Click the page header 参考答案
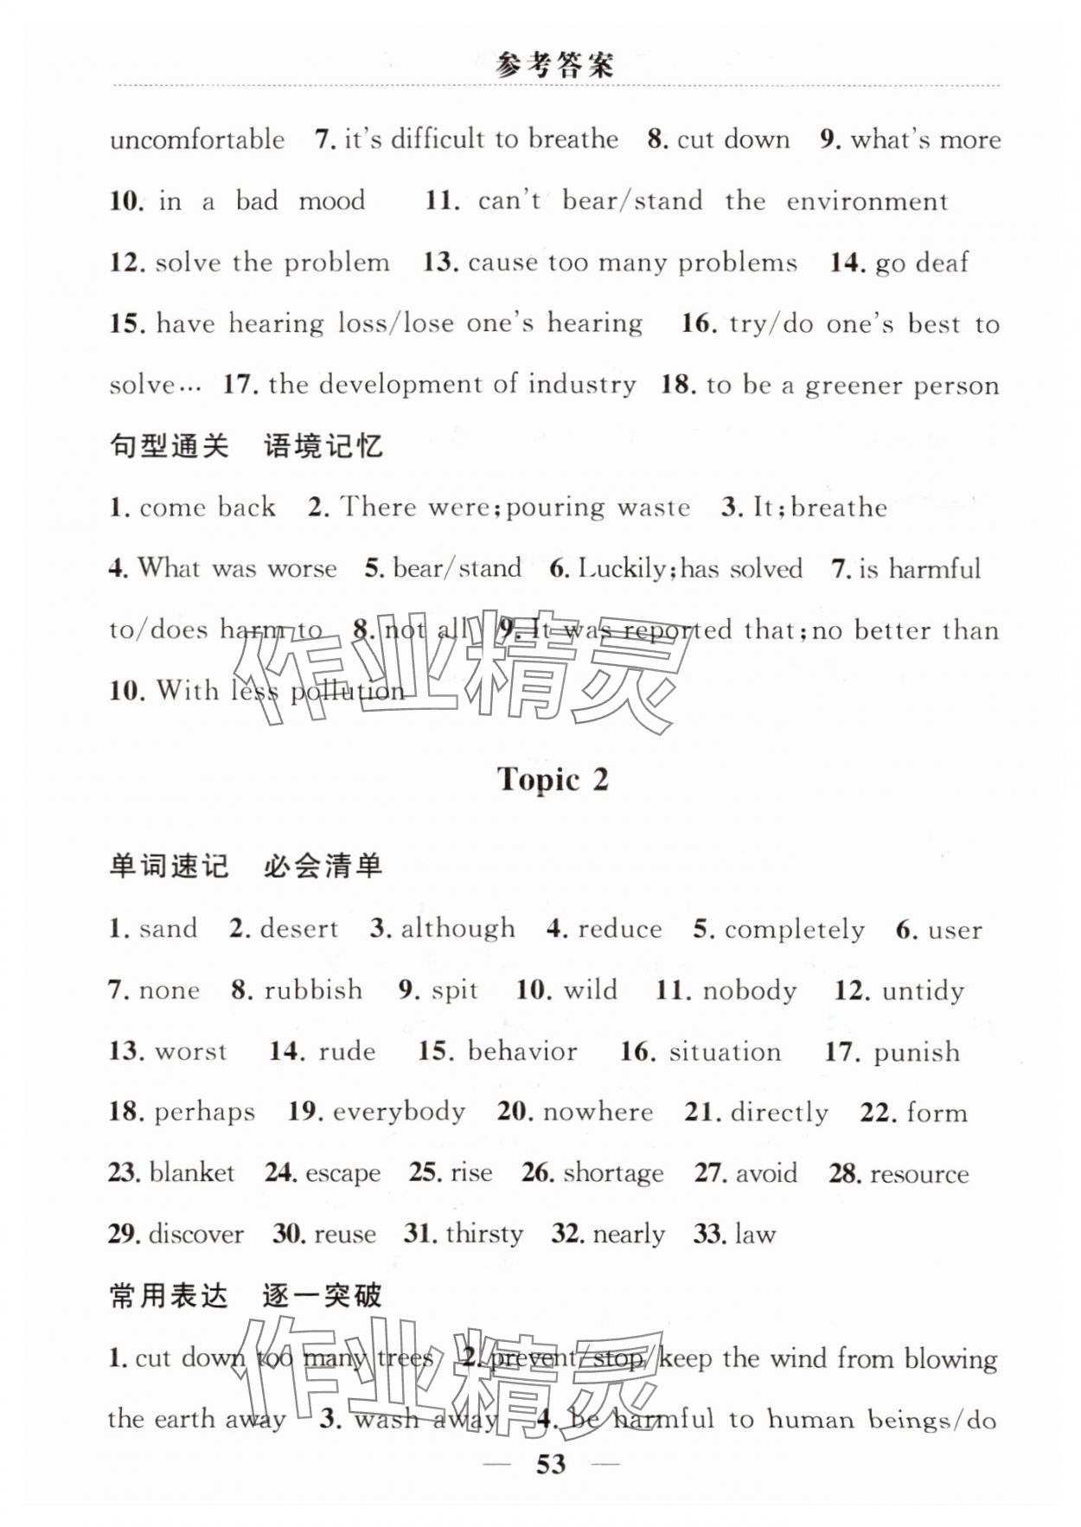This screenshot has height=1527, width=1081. click(x=554, y=66)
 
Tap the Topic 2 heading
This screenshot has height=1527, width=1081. click(x=553, y=779)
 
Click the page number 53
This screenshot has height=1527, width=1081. click(x=551, y=1463)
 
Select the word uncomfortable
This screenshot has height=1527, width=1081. click(x=197, y=139)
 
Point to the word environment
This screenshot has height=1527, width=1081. click(x=867, y=201)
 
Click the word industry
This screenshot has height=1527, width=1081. click(x=582, y=384)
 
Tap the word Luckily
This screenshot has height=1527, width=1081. click(x=622, y=568)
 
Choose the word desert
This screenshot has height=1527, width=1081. click(x=298, y=929)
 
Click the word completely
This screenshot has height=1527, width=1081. click(x=794, y=930)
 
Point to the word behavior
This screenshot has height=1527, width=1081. click(x=522, y=1051)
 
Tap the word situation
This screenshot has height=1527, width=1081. click(x=725, y=1051)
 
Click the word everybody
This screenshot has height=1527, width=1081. click(x=399, y=1112)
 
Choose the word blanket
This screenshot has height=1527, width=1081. click(x=192, y=1172)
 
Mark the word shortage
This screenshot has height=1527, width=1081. click(x=613, y=1173)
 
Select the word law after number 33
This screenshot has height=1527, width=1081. click(x=754, y=1234)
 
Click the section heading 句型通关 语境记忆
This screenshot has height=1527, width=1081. click(x=246, y=446)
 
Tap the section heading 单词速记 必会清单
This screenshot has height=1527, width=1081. click(x=246, y=866)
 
